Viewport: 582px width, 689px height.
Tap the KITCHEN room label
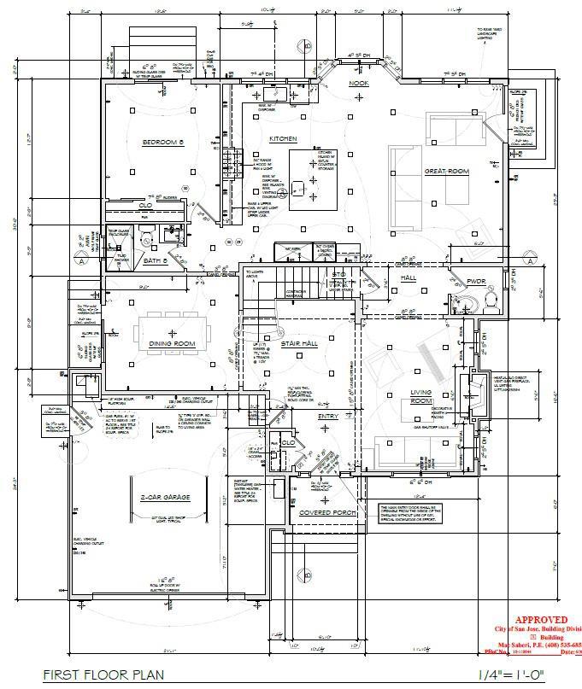[283, 138]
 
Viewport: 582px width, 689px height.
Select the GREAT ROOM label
[447, 172]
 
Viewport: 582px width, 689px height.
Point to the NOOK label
[358, 84]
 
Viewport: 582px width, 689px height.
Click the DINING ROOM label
[173, 343]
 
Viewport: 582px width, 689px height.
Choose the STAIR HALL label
[299, 343]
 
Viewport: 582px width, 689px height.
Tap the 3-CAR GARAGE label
[165, 497]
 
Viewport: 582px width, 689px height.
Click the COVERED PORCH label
[326, 512]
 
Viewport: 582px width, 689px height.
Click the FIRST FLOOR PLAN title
[103, 674]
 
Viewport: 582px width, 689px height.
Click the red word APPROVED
[538, 620]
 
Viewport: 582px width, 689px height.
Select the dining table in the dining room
[173, 326]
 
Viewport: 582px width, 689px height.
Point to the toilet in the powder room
[490, 299]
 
